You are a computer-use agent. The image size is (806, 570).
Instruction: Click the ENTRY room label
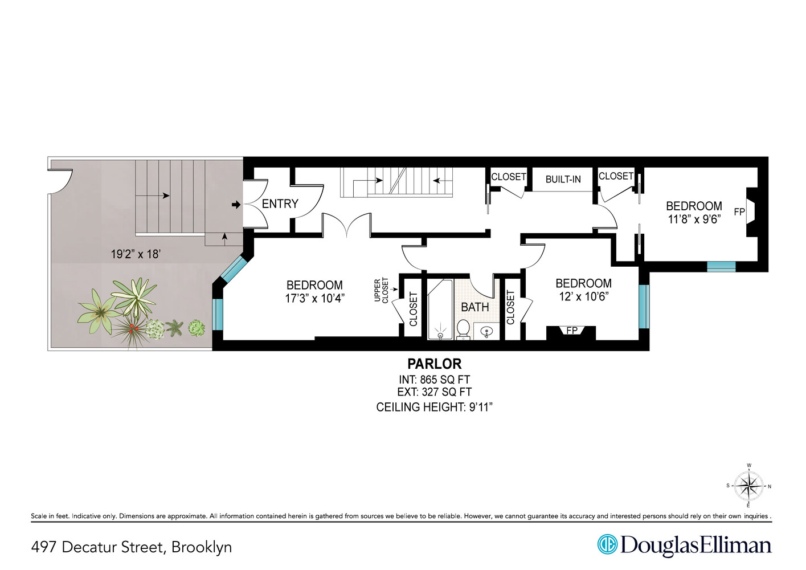tap(280, 203)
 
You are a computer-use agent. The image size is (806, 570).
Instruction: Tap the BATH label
tap(474, 307)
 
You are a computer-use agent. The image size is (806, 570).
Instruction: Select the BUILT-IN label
tap(563, 179)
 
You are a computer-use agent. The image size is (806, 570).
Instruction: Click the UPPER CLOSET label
tap(381, 290)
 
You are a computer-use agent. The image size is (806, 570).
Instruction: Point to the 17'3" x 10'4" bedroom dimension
tap(314, 298)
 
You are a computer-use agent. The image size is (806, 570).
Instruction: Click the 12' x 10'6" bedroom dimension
tap(583, 296)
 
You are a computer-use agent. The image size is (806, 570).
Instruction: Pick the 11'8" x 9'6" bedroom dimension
tap(694, 219)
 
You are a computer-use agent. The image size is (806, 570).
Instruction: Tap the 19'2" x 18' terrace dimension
tap(136, 254)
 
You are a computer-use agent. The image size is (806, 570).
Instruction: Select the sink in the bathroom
tap(486, 331)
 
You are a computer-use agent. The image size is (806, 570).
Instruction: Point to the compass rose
tap(748, 486)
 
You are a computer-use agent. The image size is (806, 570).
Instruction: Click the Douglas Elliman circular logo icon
tap(607, 544)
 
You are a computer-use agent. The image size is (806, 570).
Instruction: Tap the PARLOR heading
tap(434, 364)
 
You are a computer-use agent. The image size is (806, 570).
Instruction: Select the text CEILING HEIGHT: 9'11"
tap(434, 407)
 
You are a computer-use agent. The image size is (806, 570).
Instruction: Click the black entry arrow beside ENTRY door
tap(236, 205)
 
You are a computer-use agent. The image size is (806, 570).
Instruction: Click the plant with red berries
tap(132, 329)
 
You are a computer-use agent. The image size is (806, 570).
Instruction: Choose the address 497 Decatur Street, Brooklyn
tap(132, 547)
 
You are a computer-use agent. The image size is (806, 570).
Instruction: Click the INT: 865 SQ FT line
tap(434, 380)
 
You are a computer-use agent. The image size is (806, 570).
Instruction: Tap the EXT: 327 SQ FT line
tap(434, 392)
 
